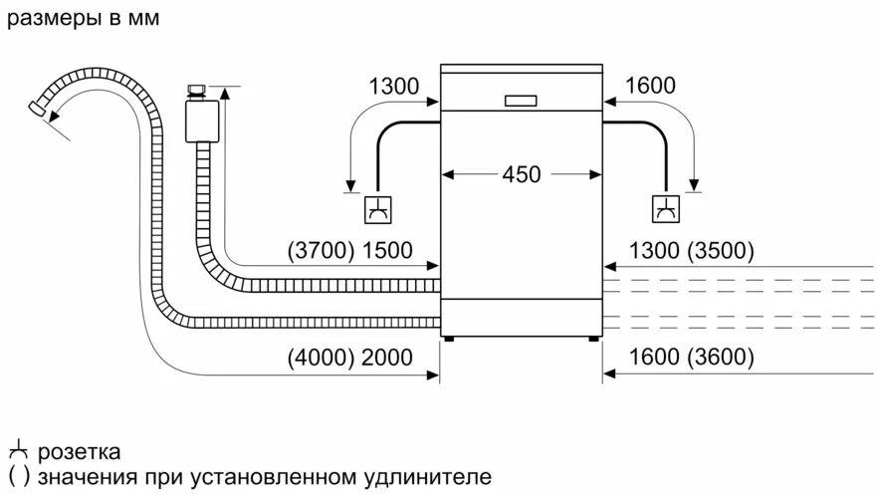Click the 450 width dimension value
[x=521, y=174]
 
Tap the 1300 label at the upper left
[x=393, y=87]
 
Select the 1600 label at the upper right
[x=650, y=87]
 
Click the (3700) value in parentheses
[x=320, y=251]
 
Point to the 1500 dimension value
[x=386, y=251]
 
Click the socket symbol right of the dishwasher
[x=664, y=209]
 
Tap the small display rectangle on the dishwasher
[x=521, y=100]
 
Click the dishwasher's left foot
[x=450, y=338]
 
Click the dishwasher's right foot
[x=594, y=338]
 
